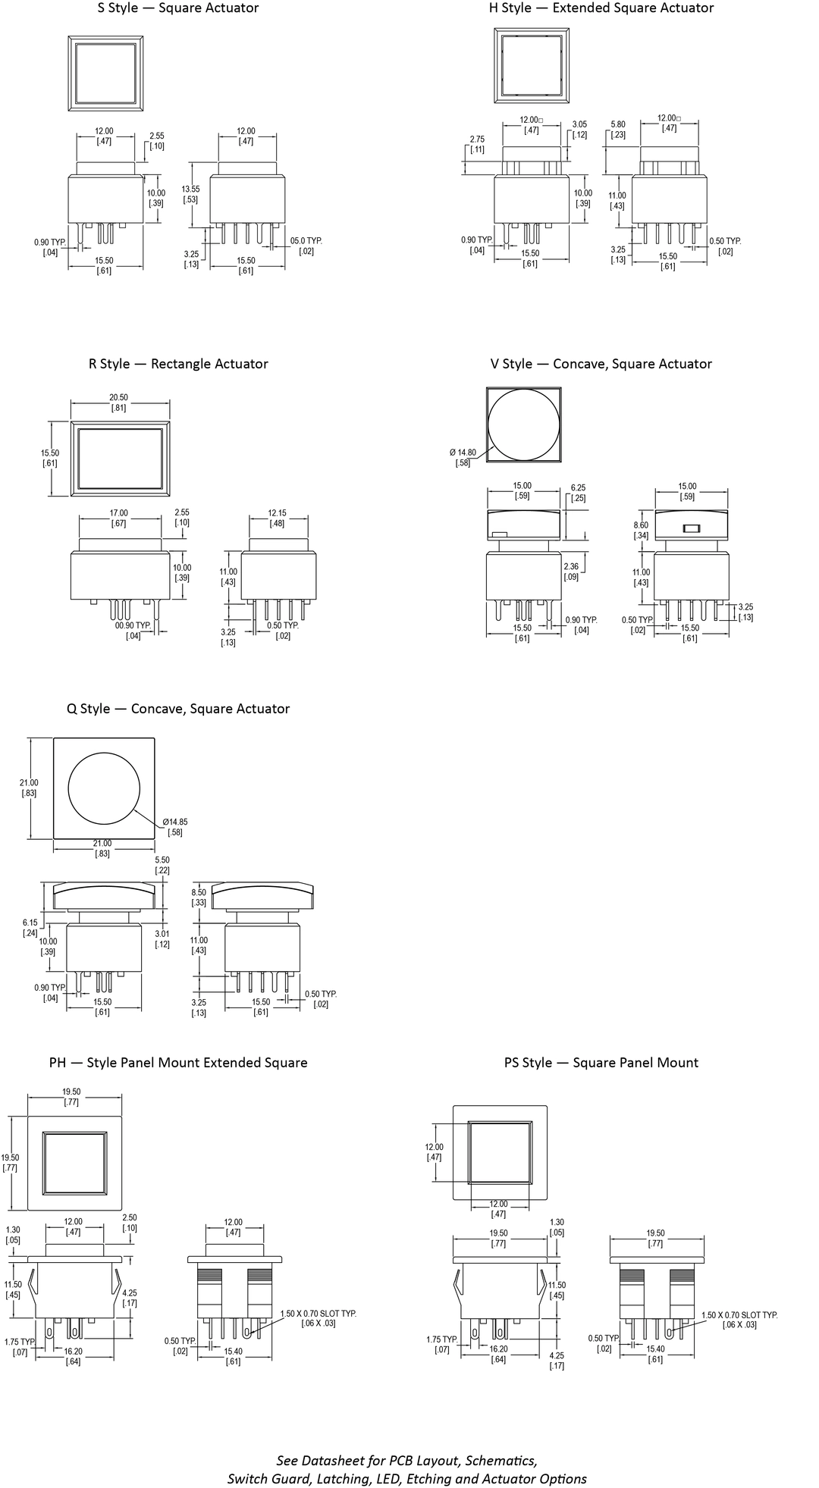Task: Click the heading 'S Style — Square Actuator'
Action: point(178,8)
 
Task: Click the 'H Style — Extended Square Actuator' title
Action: point(601,8)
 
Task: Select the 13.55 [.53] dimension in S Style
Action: point(191,194)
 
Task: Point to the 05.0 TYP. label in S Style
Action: point(306,246)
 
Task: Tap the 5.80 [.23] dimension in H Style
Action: point(618,130)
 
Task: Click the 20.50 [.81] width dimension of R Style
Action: point(118,403)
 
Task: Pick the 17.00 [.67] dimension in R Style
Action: point(118,518)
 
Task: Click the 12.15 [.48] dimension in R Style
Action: point(278,518)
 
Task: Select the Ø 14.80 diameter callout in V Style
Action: point(463,458)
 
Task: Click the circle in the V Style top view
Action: point(523,424)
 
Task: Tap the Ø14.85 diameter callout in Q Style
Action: point(174,827)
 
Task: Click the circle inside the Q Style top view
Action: point(105,788)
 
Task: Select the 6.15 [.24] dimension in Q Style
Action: point(30,927)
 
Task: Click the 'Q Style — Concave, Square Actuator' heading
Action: point(178,709)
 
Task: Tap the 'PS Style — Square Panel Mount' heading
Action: point(601,1063)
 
